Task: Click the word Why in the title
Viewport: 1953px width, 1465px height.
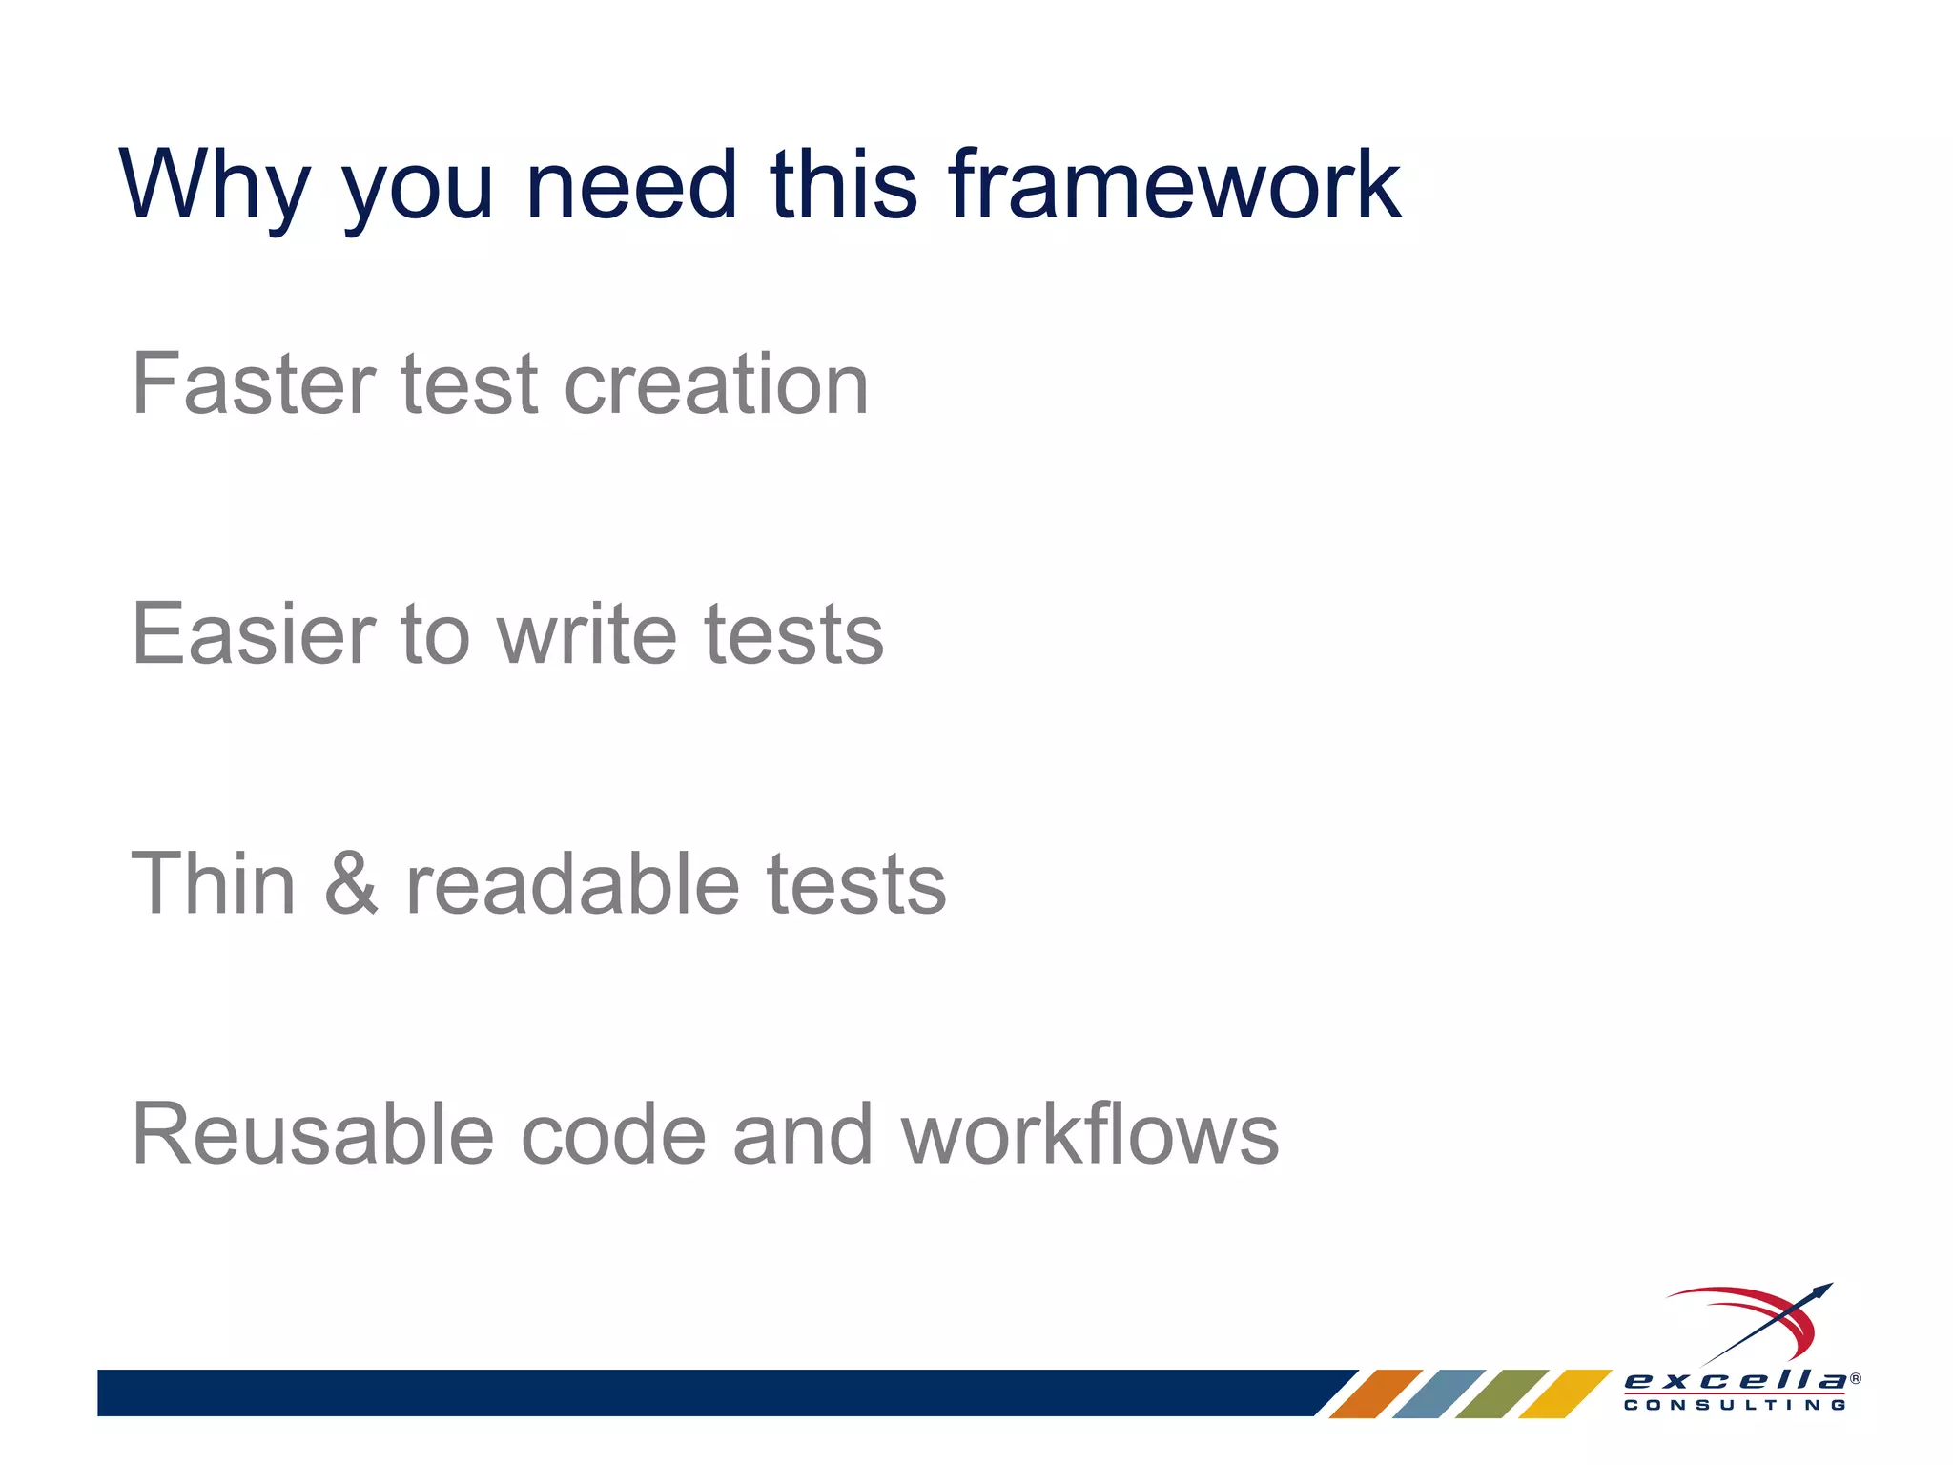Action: pyautogui.click(x=215, y=186)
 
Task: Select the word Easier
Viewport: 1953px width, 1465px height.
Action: pyautogui.click(x=254, y=634)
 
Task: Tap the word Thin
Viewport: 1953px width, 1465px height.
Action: pyautogui.click(x=213, y=884)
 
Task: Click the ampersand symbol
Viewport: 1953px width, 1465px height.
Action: pyautogui.click(x=351, y=884)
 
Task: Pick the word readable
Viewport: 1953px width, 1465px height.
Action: pyautogui.click(x=572, y=884)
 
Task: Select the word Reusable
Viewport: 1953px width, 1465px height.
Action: pyautogui.click(x=313, y=1134)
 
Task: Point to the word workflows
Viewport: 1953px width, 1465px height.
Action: pyautogui.click(x=1089, y=1134)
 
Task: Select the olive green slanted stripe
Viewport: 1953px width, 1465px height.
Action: pyautogui.click(x=1501, y=1393)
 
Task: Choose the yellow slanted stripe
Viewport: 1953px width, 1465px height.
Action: pyautogui.click(x=1564, y=1393)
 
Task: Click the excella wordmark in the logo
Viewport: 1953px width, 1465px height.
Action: pyautogui.click(x=1735, y=1380)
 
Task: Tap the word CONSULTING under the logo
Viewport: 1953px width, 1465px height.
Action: pyautogui.click(x=1735, y=1405)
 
